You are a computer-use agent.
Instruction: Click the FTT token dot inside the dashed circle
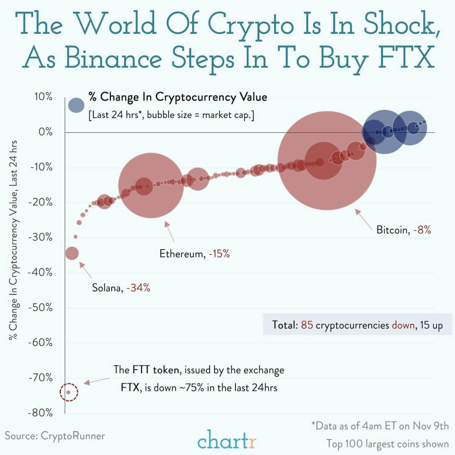(x=68, y=392)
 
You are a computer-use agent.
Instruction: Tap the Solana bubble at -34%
(x=72, y=253)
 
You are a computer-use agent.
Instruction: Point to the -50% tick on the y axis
(x=41, y=307)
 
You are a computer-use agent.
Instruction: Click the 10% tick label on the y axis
(x=43, y=97)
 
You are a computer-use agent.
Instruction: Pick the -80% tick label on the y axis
(x=41, y=413)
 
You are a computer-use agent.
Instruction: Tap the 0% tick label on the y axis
(x=45, y=132)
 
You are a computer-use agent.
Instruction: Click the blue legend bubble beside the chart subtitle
(x=76, y=105)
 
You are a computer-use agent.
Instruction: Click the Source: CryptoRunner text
(x=55, y=436)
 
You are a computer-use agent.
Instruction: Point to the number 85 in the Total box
(x=307, y=325)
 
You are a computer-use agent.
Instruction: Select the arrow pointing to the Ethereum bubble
(x=169, y=232)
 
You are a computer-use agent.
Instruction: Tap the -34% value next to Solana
(x=138, y=288)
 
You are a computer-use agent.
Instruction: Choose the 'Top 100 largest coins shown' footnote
(x=387, y=444)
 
